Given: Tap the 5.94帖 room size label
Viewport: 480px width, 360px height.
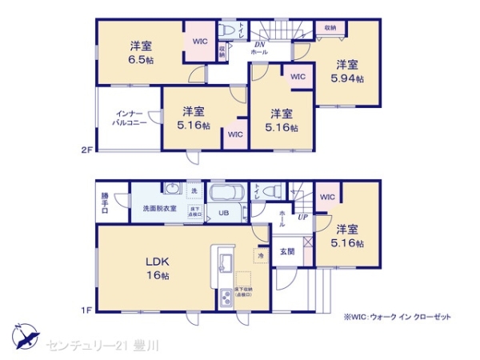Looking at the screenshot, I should pyautogui.click(x=348, y=78).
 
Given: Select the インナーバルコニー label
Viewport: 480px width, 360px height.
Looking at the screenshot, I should pyautogui.click(x=128, y=119).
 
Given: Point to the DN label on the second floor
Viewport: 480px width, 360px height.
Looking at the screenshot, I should pyautogui.click(x=259, y=44).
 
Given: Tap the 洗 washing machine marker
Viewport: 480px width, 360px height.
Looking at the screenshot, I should pyautogui.click(x=194, y=190).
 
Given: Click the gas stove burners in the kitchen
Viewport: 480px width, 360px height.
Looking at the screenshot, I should pyautogui.click(x=223, y=298).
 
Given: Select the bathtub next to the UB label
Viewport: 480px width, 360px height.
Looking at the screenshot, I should pyautogui.click(x=228, y=194).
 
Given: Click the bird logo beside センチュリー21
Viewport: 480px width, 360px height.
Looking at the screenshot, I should pyautogui.click(x=23, y=335).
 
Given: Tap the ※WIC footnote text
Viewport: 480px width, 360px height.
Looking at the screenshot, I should pyautogui.click(x=397, y=317).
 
